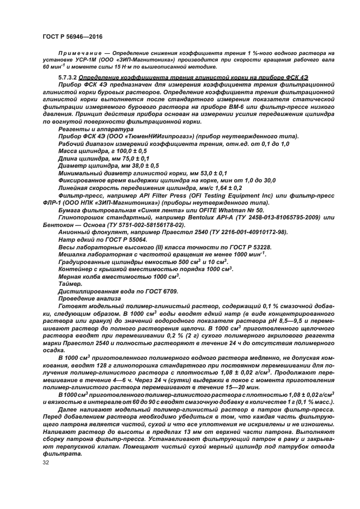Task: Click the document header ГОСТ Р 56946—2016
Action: [72, 35]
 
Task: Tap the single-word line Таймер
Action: [69, 284]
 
